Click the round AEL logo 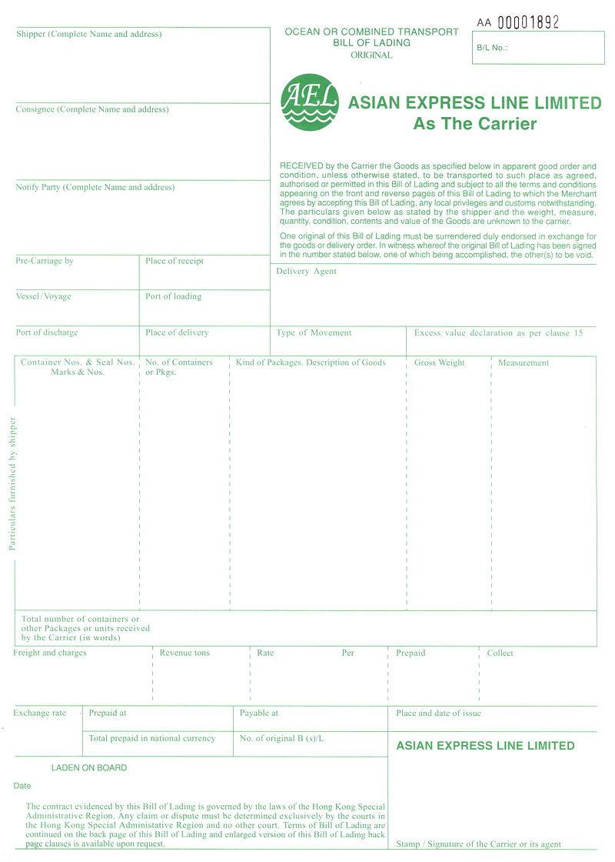[x=310, y=102]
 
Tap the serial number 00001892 [x=528, y=22]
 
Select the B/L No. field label [x=493, y=47]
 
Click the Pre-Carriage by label [x=45, y=261]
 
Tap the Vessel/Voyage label [x=44, y=296]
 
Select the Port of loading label [x=174, y=296]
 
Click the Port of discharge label [x=47, y=332]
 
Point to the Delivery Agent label [x=306, y=271]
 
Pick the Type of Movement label [x=314, y=332]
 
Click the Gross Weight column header [x=440, y=363]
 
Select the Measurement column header [x=524, y=363]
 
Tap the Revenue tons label [x=184, y=653]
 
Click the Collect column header [x=500, y=653]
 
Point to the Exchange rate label [x=40, y=713]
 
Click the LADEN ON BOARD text [x=89, y=767]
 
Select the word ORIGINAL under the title [x=371, y=55]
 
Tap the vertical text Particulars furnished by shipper [x=12, y=483]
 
